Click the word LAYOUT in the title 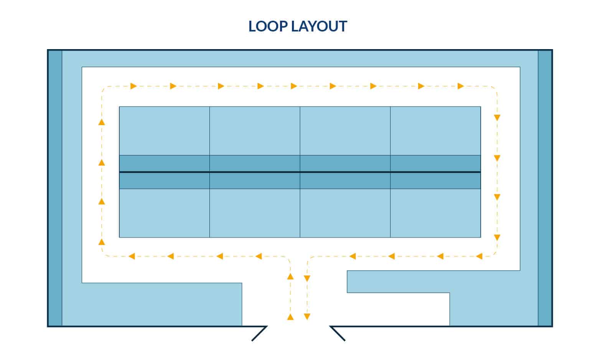pyautogui.click(x=319, y=26)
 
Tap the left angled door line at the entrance pyautogui.click(x=259, y=334)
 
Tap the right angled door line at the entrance pyautogui.click(x=338, y=334)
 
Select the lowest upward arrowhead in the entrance pyautogui.click(x=290, y=317)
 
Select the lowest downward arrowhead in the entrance pyautogui.click(x=307, y=317)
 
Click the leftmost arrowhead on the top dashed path pyautogui.click(x=134, y=86)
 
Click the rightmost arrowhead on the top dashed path pyautogui.click(x=461, y=86)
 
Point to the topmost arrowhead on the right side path pyautogui.click(x=497, y=118)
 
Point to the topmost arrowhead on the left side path pyautogui.click(x=102, y=122)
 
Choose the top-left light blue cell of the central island pyautogui.click(x=164, y=131)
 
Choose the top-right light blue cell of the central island pyautogui.click(x=435, y=131)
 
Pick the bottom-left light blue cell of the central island pyautogui.click(x=164, y=213)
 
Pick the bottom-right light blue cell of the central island pyautogui.click(x=435, y=213)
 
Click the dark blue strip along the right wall pyautogui.click(x=544, y=188)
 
